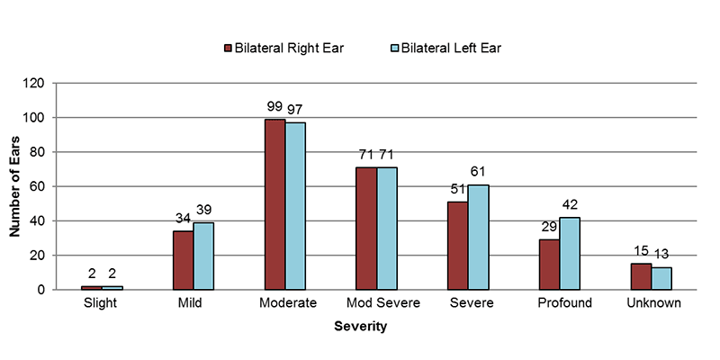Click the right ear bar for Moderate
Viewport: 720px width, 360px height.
coord(274,204)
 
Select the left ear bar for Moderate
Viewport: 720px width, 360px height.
coord(295,206)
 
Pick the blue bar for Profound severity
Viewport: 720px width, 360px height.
coord(571,254)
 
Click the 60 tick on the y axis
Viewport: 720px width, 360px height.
coord(38,187)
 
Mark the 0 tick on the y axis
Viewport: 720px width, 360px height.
coord(41,290)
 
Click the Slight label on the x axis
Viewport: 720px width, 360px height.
coord(102,303)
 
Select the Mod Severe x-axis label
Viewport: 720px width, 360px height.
coord(376,303)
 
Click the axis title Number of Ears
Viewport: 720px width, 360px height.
coord(14,186)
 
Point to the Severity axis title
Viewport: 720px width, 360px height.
coord(360,327)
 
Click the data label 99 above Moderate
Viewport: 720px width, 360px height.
coord(275,106)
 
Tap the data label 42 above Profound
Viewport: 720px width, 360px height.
coord(571,205)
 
